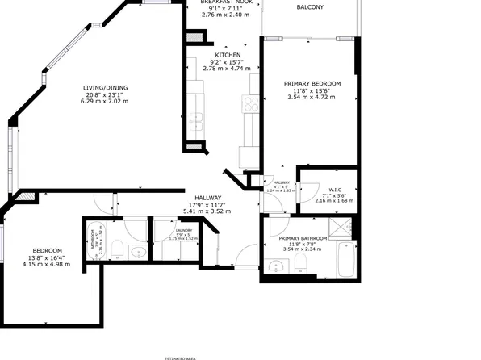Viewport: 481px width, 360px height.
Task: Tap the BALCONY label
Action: click(310, 7)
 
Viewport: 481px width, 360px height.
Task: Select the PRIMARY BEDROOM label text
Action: click(312, 83)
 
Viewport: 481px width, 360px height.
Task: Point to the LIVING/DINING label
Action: click(105, 88)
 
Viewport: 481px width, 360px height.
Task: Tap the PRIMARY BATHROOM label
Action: click(303, 239)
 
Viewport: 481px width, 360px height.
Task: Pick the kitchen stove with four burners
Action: click(249, 103)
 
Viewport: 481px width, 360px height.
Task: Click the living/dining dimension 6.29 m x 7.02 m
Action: click(105, 103)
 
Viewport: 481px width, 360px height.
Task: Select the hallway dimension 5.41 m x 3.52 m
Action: click(207, 211)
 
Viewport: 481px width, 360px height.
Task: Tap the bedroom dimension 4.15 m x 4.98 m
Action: click(41, 264)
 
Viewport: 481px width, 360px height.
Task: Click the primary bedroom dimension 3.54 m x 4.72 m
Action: click(312, 98)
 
